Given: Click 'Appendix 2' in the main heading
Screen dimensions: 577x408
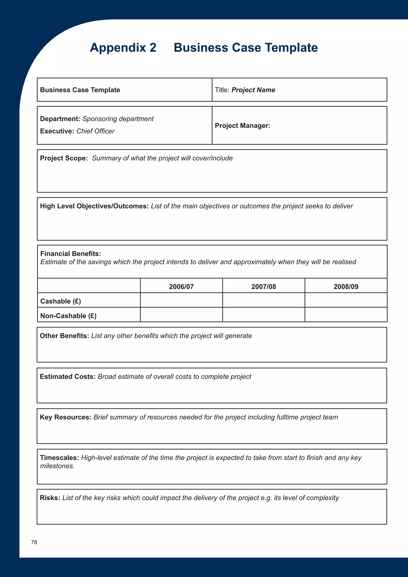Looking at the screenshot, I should pos(123,47).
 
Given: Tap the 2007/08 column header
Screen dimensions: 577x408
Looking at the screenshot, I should pos(264,287).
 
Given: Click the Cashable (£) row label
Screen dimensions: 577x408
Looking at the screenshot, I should pos(61,301).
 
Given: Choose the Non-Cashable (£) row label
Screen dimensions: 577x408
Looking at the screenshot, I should pos(68,316).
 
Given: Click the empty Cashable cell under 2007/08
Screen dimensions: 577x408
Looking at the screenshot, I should pos(264,300).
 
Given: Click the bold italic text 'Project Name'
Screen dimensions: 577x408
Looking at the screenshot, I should pos(253,90).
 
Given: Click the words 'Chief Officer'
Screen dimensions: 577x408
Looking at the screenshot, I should pos(95,131).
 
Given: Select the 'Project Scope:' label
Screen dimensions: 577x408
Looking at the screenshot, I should pos(64,158).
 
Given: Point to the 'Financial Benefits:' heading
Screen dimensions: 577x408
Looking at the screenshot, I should pos(71,254).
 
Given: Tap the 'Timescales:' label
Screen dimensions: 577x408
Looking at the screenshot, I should pos(60,458).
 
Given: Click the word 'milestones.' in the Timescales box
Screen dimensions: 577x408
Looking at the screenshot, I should pos(57,466).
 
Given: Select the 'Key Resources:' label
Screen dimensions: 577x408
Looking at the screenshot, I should pos(65,417).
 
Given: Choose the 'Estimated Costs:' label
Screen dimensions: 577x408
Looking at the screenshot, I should pos(68,376).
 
